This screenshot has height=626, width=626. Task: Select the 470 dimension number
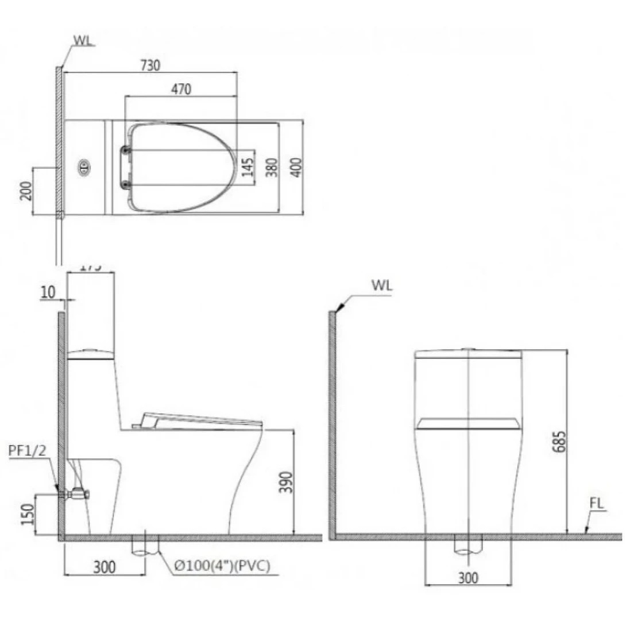tap(181, 89)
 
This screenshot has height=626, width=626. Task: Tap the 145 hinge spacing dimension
tap(248, 168)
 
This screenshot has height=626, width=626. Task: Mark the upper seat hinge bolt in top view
tap(126, 150)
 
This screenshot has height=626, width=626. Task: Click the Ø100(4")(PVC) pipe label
tap(222, 566)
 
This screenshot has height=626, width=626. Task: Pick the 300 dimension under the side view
tap(103, 567)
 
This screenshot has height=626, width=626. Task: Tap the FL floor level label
tap(596, 504)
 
